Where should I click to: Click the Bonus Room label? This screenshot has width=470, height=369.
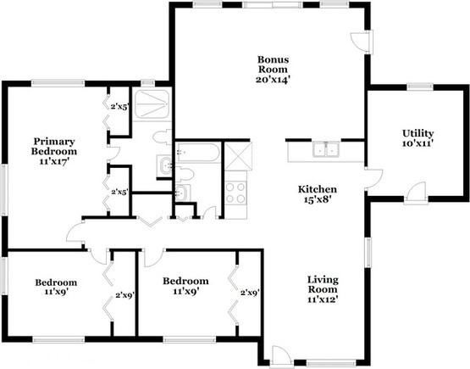(x=274, y=64)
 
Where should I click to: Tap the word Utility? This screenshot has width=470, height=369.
(x=417, y=133)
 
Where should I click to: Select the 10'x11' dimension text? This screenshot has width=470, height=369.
(x=417, y=145)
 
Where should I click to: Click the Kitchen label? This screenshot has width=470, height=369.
(x=318, y=188)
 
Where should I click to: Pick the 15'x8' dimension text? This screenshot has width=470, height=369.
(x=318, y=200)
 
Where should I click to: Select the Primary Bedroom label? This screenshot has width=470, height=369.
(x=55, y=147)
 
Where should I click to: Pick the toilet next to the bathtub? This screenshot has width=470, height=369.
(x=185, y=175)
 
